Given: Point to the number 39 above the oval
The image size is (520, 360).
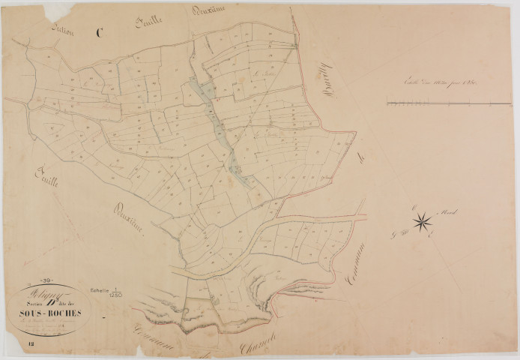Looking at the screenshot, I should (x=44, y=283).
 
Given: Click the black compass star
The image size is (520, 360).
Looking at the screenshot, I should (x=422, y=220).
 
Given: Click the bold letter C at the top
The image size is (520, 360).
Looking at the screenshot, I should (x=100, y=32).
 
